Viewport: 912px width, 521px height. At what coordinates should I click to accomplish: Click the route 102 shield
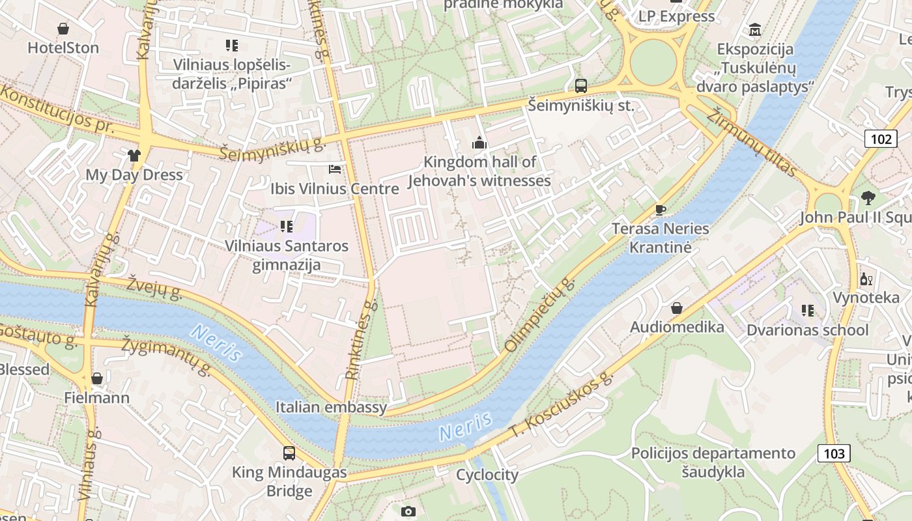point(880,139)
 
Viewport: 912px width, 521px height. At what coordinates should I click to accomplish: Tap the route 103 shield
point(834,453)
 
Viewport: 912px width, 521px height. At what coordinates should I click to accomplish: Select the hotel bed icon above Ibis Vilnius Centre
point(335,169)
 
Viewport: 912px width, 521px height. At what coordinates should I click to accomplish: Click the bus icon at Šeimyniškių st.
point(580,85)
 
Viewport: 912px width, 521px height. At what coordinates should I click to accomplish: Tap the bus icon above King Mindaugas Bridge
point(289,453)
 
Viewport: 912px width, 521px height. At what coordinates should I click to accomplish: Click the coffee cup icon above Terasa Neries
point(660,209)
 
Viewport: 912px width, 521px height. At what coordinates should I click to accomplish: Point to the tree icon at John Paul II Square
point(867,197)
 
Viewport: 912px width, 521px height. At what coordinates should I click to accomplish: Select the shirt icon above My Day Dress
point(134,155)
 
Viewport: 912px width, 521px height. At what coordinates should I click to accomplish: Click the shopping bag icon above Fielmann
point(97,378)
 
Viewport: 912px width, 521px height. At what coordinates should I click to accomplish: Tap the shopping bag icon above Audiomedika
point(677,307)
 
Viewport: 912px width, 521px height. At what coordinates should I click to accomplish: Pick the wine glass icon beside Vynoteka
point(866,279)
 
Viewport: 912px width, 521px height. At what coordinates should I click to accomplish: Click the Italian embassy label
point(331,408)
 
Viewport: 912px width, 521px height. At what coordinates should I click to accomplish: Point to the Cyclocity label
point(487,475)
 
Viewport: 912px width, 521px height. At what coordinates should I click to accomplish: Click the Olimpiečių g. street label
point(541,315)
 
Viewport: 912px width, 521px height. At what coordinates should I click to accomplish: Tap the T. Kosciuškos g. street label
point(562,404)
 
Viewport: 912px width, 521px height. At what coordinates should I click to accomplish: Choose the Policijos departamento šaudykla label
point(713,462)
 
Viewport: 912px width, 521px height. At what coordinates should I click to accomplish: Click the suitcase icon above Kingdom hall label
point(480,143)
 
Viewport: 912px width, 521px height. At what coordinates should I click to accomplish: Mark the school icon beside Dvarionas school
point(808,310)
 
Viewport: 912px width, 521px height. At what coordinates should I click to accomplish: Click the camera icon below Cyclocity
point(408,511)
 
